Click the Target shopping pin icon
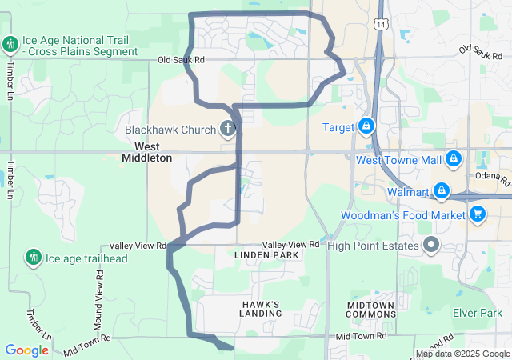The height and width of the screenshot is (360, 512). click(x=366, y=126)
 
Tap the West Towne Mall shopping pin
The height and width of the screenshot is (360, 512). click(x=453, y=159)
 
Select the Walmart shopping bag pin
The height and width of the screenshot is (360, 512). click(x=441, y=190)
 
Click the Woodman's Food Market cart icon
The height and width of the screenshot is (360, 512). click(x=478, y=214)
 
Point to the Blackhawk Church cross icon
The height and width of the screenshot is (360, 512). click(x=227, y=128)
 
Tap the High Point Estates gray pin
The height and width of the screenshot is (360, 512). click(x=431, y=244)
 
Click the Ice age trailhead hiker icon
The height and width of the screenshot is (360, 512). click(x=33, y=257)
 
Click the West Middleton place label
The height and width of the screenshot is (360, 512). click(x=146, y=152)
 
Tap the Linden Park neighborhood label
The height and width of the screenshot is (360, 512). click(x=266, y=255)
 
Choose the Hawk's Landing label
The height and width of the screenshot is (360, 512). click(x=260, y=309)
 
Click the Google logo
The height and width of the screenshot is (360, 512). click(x=26, y=350)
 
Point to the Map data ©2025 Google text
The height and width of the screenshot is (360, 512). click(x=462, y=354)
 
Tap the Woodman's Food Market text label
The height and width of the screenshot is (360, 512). click(x=402, y=215)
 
